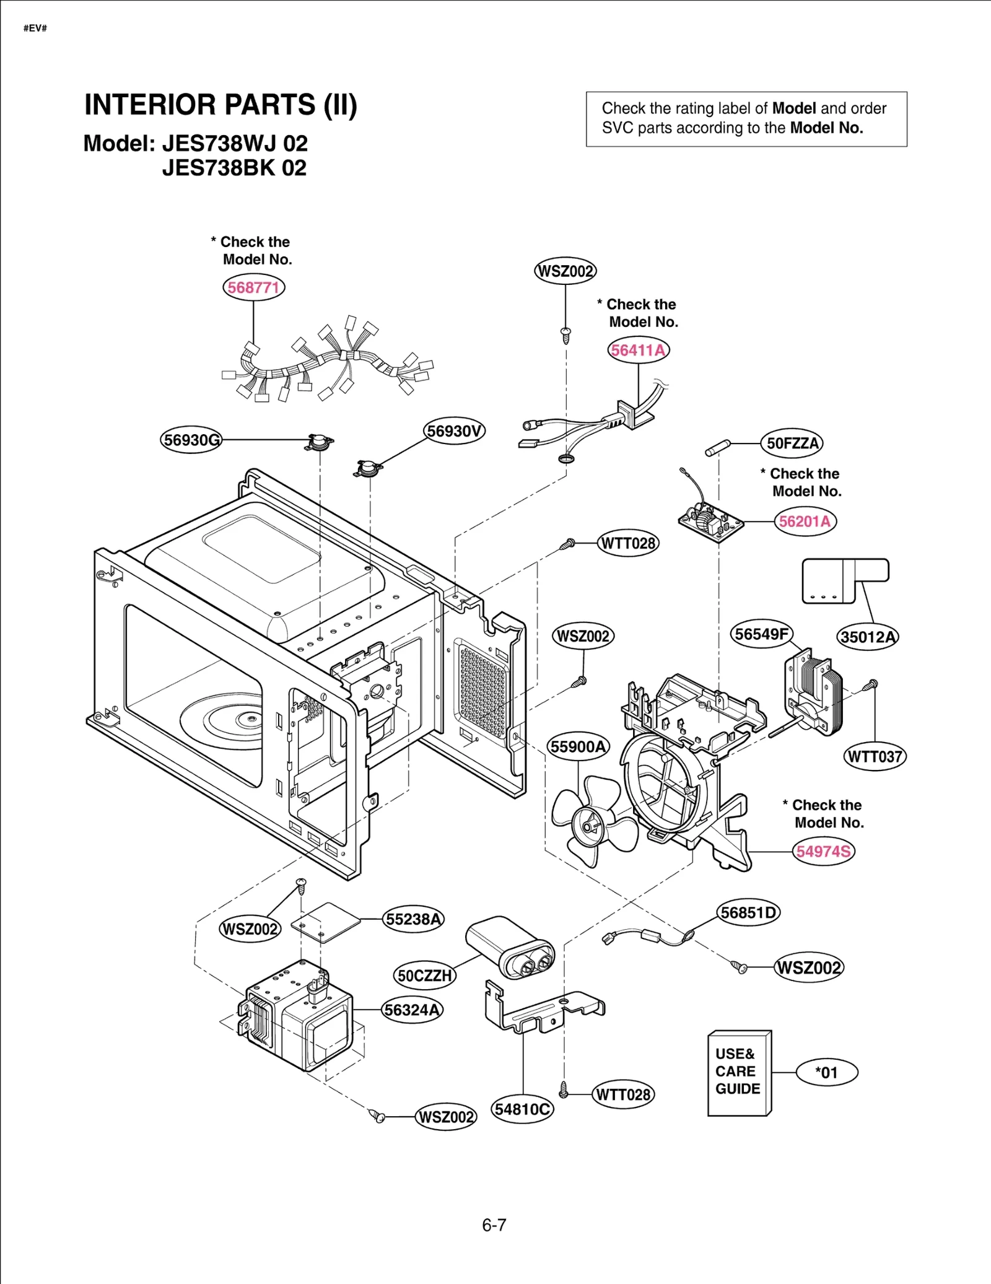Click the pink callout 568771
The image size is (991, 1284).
(253, 287)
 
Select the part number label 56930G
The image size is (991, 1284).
(191, 440)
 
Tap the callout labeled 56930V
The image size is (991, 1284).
(454, 431)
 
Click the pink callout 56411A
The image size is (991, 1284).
(638, 350)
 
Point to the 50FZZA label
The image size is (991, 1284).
(792, 443)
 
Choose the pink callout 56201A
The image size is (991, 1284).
(805, 522)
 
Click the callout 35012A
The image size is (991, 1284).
(867, 637)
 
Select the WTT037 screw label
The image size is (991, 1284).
(875, 756)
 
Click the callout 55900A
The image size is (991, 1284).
(578, 746)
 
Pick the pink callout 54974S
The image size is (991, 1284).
(823, 851)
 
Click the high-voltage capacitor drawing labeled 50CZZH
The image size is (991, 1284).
(510, 947)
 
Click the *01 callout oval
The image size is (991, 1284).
(827, 1072)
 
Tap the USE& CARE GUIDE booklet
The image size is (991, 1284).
(739, 1073)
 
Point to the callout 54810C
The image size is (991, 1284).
(522, 1109)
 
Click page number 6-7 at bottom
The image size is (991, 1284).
(494, 1225)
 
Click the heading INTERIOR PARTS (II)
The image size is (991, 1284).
(220, 105)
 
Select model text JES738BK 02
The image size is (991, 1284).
(234, 168)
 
